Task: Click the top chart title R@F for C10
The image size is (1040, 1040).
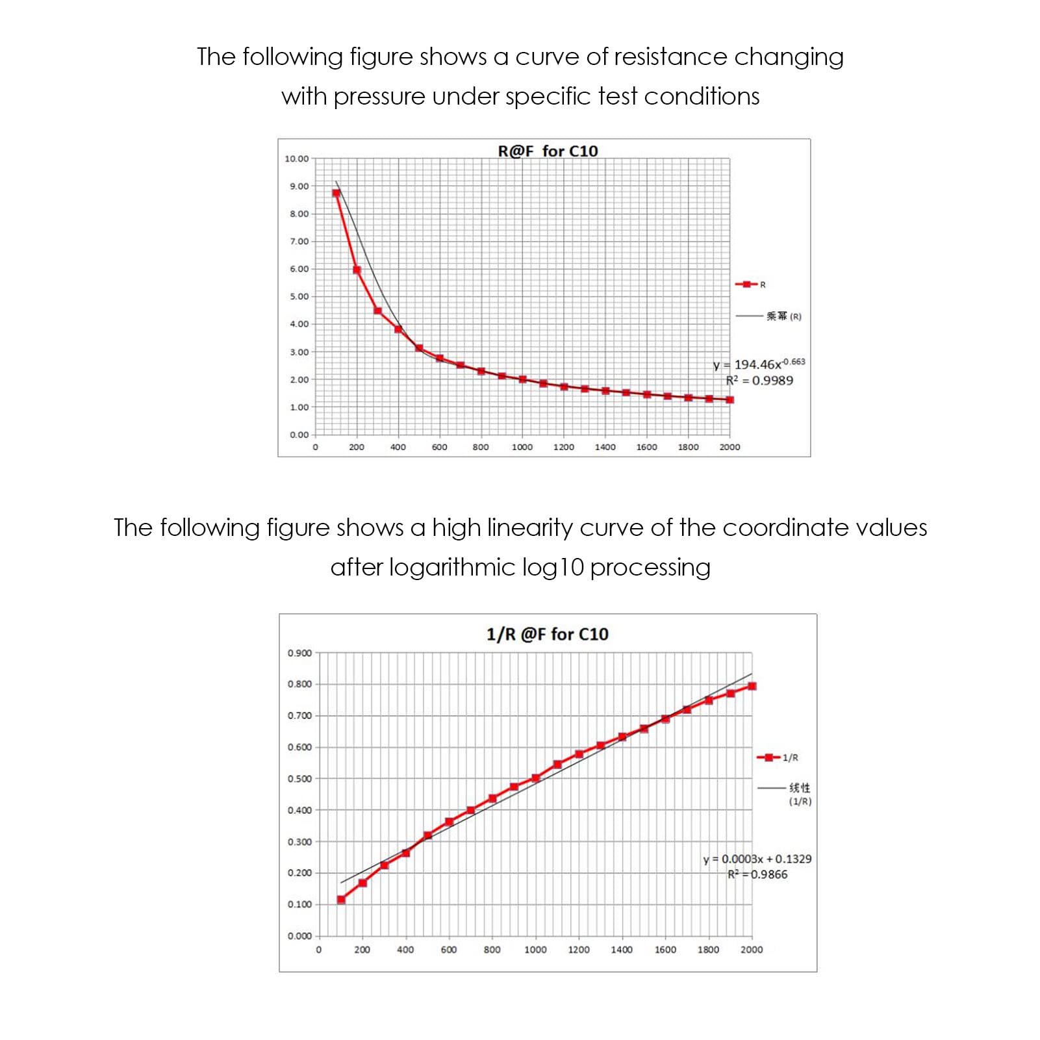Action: (x=548, y=151)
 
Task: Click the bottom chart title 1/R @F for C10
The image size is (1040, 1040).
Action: (x=548, y=634)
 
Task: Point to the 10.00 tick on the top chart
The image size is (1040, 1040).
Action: (x=297, y=159)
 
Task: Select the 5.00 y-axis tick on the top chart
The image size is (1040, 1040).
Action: (x=299, y=296)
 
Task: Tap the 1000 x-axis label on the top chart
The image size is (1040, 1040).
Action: (x=522, y=447)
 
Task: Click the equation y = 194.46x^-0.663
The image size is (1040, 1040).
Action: (x=759, y=364)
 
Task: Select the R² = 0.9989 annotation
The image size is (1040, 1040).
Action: (x=759, y=381)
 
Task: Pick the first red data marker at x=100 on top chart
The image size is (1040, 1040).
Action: (x=336, y=193)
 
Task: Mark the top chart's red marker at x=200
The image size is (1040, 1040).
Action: (x=357, y=270)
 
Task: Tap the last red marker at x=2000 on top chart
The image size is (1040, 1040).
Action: (x=729, y=400)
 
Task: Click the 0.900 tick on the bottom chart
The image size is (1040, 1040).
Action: (x=299, y=653)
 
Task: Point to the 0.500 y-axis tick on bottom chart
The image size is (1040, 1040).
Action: (x=299, y=778)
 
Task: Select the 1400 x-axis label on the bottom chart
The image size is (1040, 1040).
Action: (x=622, y=950)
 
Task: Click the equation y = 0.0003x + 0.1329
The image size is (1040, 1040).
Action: (x=757, y=859)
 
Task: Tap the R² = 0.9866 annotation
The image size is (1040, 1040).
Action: (x=757, y=874)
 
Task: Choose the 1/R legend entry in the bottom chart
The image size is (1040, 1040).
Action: (x=777, y=757)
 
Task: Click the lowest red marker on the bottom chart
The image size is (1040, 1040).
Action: (x=341, y=900)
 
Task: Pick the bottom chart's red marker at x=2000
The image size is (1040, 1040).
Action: (x=752, y=686)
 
